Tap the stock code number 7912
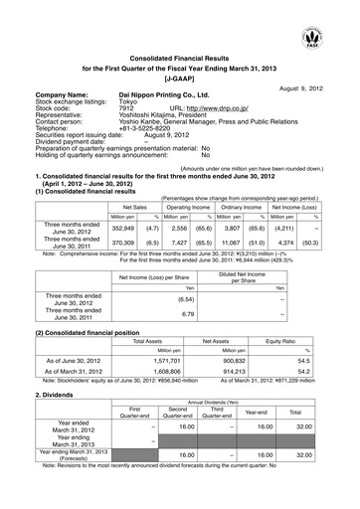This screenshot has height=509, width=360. [128, 102]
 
